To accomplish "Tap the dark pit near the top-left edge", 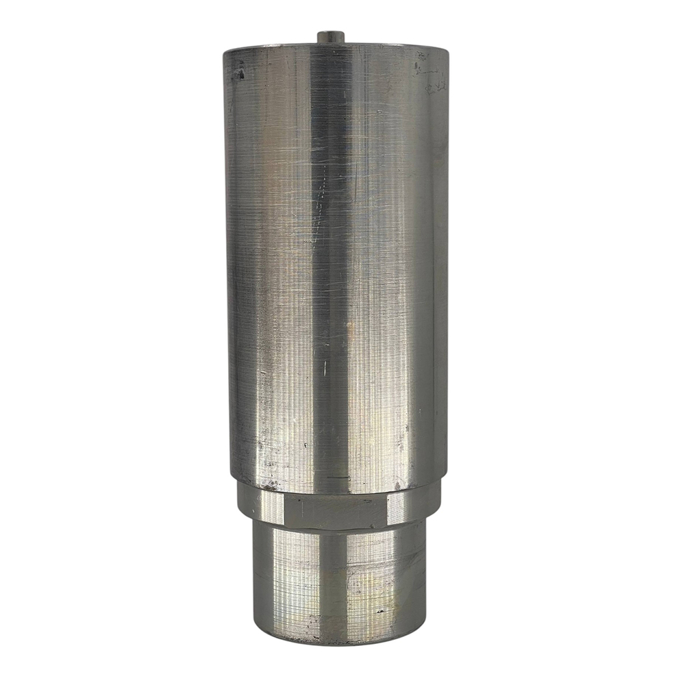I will pos(240,73).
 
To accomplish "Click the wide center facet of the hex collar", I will pos(336,511).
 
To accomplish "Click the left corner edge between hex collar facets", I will pos(284,510).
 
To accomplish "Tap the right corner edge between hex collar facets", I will pos(388,510).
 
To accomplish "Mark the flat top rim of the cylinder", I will pos(336,47).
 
